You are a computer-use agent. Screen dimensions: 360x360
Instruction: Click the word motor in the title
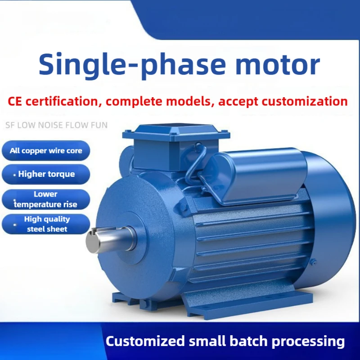tap(278, 64)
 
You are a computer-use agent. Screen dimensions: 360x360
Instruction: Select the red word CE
tap(15, 101)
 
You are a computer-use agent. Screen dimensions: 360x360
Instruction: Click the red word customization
tap(305, 101)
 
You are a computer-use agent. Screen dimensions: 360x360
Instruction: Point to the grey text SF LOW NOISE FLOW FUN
tap(56, 125)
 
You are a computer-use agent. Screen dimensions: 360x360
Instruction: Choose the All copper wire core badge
tap(46, 151)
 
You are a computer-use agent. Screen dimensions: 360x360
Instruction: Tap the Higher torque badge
tap(46, 174)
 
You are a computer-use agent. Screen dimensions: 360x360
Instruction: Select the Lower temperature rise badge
tap(46, 199)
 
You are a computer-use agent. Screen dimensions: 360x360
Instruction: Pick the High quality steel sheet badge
tap(46, 224)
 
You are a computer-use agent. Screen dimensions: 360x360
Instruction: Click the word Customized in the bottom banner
tap(145, 341)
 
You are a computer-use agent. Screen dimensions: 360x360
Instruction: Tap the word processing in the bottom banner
tap(308, 342)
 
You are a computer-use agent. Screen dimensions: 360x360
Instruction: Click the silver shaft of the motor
tap(110, 239)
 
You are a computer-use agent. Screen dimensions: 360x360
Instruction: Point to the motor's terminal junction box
tap(175, 147)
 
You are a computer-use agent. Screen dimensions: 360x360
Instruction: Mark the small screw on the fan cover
tap(313, 261)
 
